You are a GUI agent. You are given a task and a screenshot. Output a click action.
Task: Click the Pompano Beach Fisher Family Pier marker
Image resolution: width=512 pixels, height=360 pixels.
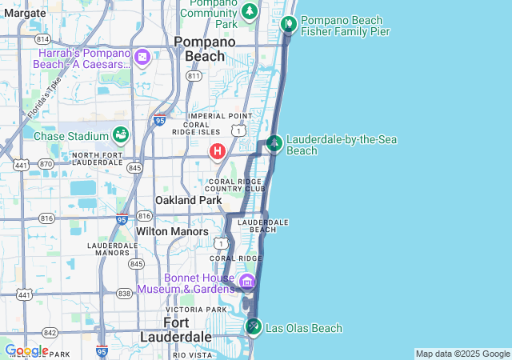tap(289, 23)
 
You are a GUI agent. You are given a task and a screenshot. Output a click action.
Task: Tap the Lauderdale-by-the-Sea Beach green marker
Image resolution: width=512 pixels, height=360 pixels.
tap(274, 143)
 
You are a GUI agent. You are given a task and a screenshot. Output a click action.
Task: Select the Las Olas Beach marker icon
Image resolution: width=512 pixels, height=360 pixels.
tap(254, 326)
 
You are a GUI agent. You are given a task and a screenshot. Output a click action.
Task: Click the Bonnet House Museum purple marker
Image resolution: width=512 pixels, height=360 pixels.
tap(246, 281)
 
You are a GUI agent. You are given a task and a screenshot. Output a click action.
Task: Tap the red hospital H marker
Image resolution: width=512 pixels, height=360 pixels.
tap(217, 150)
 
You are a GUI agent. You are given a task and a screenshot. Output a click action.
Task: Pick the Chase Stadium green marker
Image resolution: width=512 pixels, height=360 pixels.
tap(121, 135)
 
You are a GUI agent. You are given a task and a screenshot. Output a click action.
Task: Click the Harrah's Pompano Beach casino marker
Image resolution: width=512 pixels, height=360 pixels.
tap(142, 57)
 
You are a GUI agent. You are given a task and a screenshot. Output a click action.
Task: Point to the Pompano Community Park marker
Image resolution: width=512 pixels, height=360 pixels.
tap(250, 11)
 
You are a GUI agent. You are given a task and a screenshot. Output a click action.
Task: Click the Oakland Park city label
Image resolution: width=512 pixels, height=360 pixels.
tap(188, 200)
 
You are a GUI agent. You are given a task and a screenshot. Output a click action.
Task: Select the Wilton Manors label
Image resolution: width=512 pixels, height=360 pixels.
tap(172, 231)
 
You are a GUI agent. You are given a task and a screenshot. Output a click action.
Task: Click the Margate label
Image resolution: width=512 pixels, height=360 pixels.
tap(25, 14)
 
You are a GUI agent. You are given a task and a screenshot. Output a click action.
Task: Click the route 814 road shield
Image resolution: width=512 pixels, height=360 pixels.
tap(42, 39)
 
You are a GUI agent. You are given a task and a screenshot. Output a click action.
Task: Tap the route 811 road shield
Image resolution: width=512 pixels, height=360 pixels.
tap(193, 75)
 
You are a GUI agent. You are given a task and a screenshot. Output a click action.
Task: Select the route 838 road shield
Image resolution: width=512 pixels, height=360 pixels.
tap(124, 294)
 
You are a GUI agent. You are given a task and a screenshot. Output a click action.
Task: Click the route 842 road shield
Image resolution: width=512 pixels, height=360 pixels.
tap(50, 332)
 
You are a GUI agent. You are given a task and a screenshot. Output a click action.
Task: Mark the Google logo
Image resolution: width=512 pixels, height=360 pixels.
tap(26, 350)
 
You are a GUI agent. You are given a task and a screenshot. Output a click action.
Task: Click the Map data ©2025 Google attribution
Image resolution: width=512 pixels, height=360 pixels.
tap(462, 354)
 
